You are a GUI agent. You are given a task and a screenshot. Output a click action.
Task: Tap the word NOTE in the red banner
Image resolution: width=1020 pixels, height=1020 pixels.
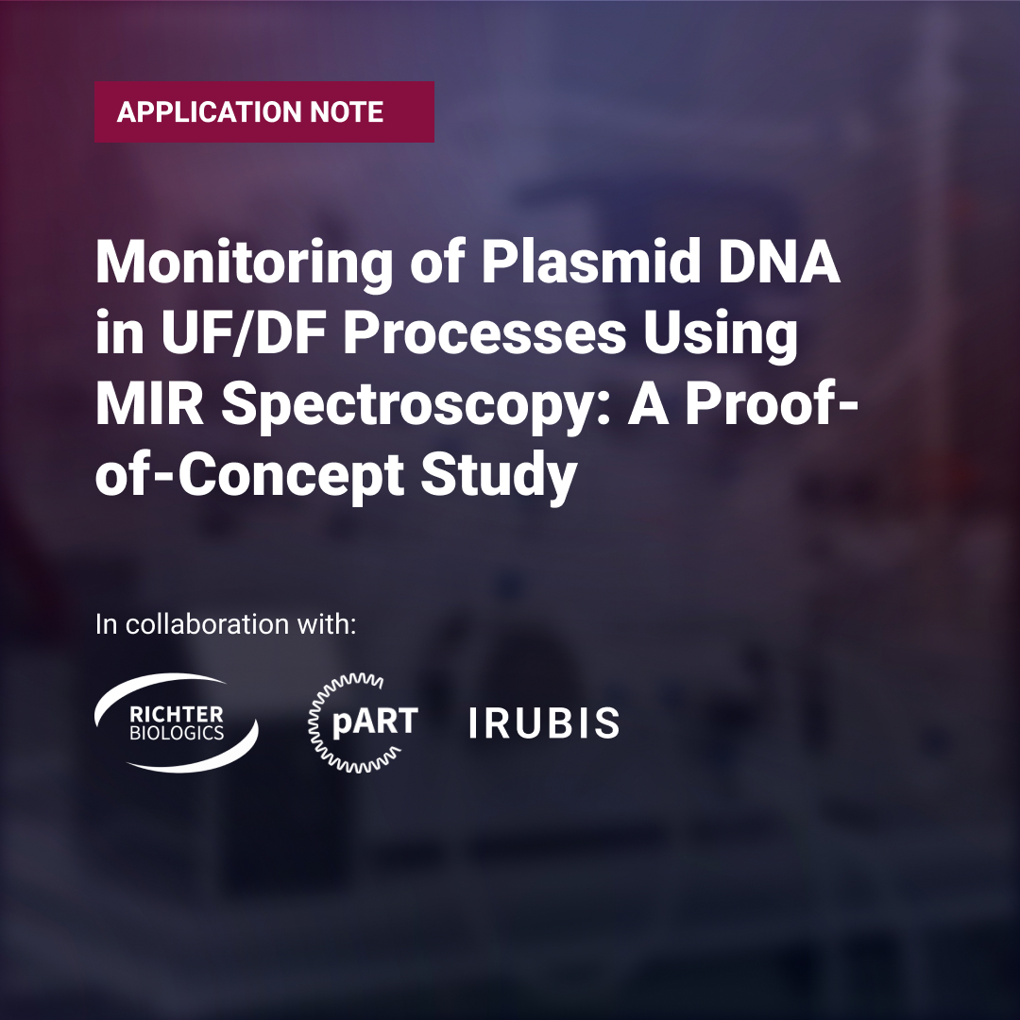pyautogui.click(x=346, y=111)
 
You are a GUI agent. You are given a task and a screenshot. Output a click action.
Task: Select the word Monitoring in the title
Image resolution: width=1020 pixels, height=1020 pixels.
pyautogui.click(x=245, y=263)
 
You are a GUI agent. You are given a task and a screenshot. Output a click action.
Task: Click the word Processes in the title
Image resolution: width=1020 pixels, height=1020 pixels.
pyautogui.click(x=484, y=333)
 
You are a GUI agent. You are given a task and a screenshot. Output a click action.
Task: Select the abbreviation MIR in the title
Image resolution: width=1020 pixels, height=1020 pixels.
pyautogui.click(x=149, y=404)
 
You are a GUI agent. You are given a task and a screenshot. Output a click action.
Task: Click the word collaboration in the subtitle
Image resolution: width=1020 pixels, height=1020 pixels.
pyautogui.click(x=207, y=624)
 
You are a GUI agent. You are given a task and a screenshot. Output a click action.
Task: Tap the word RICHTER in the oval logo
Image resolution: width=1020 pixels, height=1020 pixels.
pyautogui.click(x=177, y=715)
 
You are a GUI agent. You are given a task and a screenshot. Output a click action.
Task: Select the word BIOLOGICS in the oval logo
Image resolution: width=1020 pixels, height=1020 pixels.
pyautogui.click(x=177, y=733)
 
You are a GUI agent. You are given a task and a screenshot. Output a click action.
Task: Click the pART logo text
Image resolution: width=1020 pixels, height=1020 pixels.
pyautogui.click(x=375, y=722)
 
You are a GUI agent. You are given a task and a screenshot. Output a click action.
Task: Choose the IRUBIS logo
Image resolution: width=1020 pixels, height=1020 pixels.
pyautogui.click(x=544, y=722)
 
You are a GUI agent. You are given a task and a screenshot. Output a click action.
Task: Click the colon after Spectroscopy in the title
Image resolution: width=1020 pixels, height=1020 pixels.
pyautogui.click(x=603, y=411)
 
